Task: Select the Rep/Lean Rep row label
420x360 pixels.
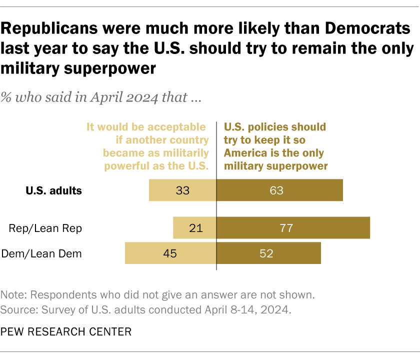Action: (45, 228)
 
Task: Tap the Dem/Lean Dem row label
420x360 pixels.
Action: (42, 253)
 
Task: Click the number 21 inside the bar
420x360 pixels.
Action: (196, 228)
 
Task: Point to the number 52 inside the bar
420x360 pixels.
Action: (266, 253)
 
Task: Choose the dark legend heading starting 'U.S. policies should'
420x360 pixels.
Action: (275, 146)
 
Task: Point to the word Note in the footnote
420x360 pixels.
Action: (12, 294)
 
